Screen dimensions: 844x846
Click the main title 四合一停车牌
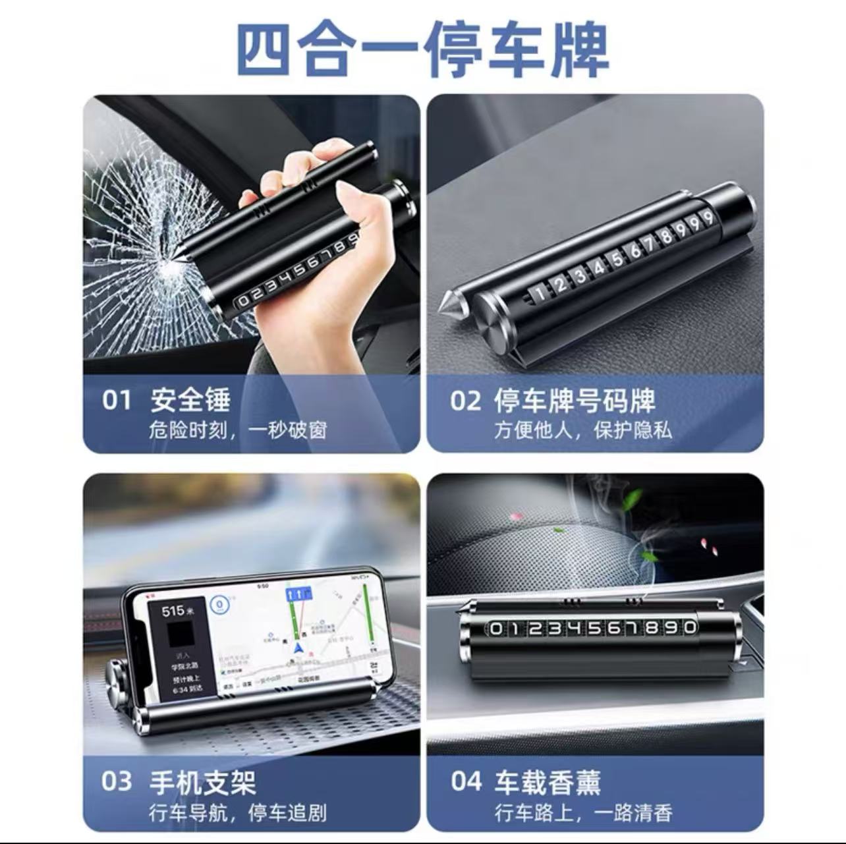pyautogui.click(x=422, y=49)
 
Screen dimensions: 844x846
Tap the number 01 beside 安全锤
pyautogui.click(x=116, y=399)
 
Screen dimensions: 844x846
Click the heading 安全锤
pyautogui.click(x=190, y=399)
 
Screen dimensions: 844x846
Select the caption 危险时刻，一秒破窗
pyautogui.click(x=237, y=430)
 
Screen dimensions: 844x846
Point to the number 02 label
pyautogui.click(x=465, y=400)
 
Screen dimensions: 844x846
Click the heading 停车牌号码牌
pyautogui.click(x=574, y=400)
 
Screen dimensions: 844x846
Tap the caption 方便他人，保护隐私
pyautogui.click(x=582, y=430)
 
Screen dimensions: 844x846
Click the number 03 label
pyautogui.click(x=117, y=781)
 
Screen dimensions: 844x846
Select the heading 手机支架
pyautogui.click(x=202, y=782)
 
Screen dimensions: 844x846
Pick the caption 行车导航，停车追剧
pyautogui.click(x=237, y=812)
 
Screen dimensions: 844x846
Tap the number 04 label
pyautogui.click(x=466, y=781)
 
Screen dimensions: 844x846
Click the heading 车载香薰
pyautogui.click(x=547, y=782)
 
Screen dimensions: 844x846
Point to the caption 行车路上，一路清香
pyautogui.click(x=582, y=812)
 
